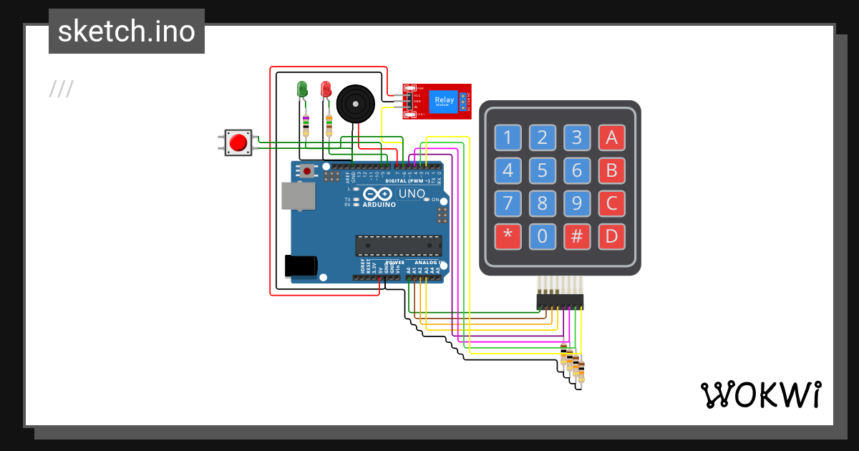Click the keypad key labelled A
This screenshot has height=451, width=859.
[x=611, y=137]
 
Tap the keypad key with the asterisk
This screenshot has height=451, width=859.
[x=508, y=237]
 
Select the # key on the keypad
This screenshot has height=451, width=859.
[x=577, y=237]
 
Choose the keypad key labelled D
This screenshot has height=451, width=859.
[x=611, y=237]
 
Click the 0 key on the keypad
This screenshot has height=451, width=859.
[x=543, y=237]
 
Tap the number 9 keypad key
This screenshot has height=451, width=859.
[x=577, y=204]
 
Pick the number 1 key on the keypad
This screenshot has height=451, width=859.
[x=508, y=137]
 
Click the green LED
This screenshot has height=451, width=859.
[x=302, y=89]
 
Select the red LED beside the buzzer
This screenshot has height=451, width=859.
[x=326, y=89]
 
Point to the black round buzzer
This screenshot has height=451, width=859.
[x=355, y=104]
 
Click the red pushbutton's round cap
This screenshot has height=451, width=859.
[x=238, y=142]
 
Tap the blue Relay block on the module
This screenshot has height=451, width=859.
[x=444, y=101]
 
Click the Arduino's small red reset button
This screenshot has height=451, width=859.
[x=308, y=171]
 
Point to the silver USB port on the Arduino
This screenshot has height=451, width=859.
[x=298, y=196]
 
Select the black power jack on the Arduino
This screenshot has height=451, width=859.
[x=301, y=266]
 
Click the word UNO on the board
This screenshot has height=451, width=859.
[x=412, y=193]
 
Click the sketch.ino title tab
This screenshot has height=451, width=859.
[x=127, y=31]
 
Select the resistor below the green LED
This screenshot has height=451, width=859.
[x=306, y=125]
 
